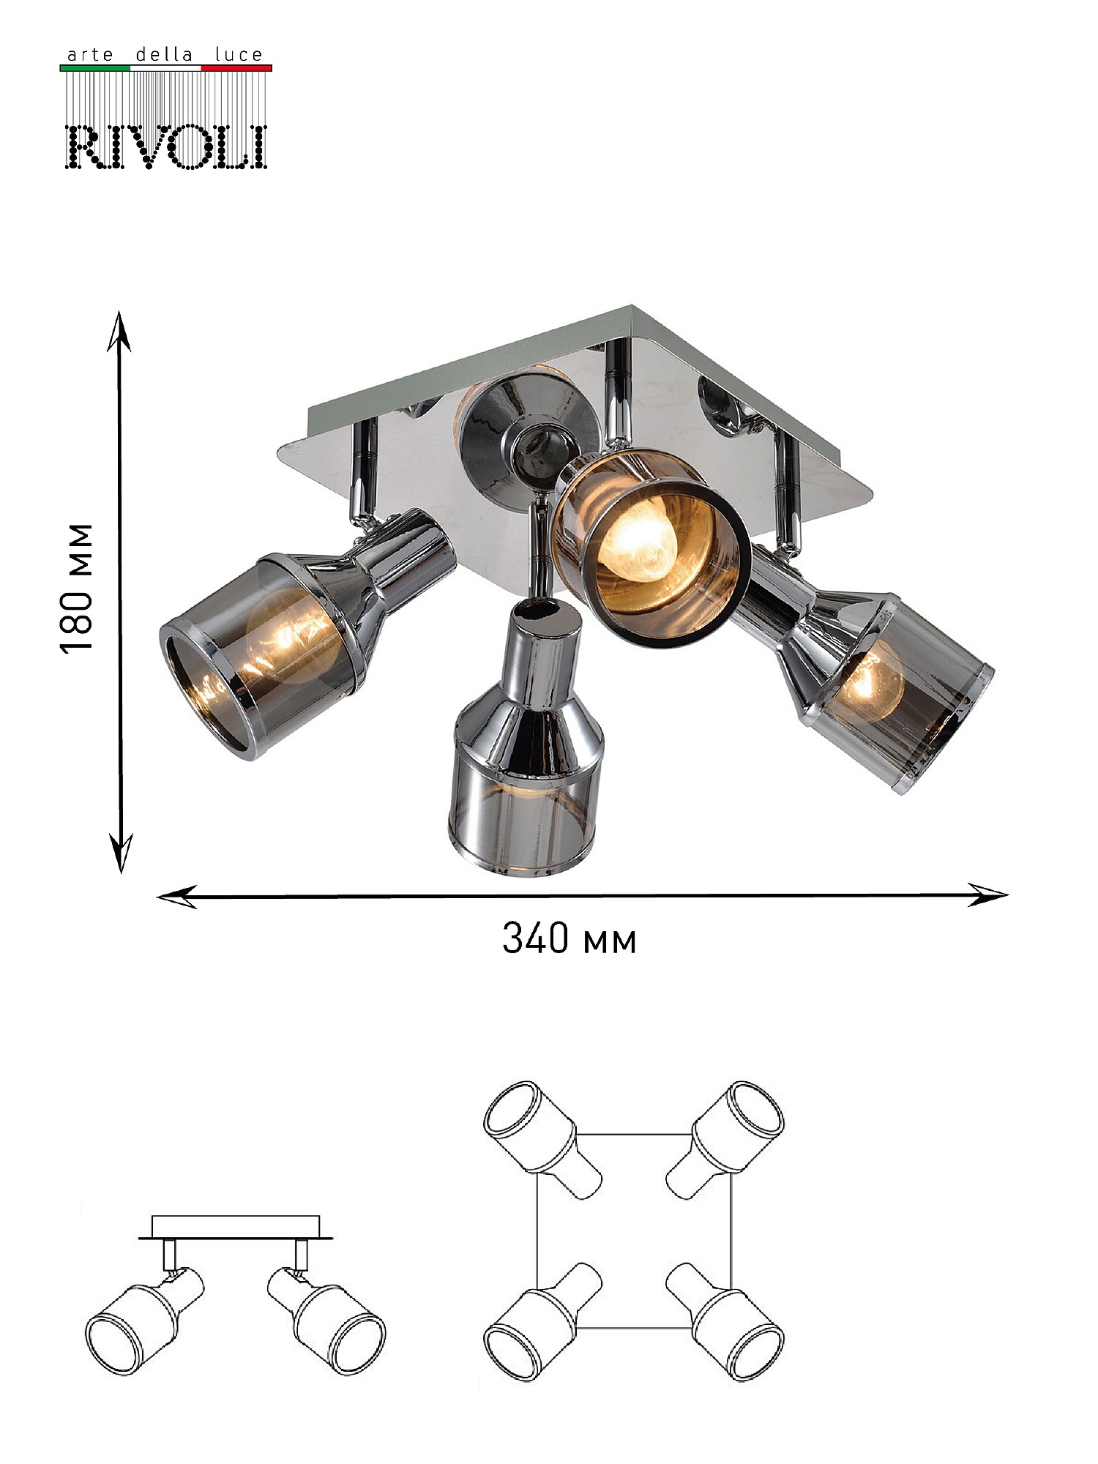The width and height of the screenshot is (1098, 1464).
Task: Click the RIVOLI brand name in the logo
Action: pos(166,146)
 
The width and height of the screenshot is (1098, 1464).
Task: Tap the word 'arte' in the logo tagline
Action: pos(90,55)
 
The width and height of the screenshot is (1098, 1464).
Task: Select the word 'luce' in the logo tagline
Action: pos(239,54)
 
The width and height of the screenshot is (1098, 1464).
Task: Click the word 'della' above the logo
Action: pos(165,54)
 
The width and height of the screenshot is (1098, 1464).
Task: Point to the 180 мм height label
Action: pos(78,588)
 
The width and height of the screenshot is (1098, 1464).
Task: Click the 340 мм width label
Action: pos(569,938)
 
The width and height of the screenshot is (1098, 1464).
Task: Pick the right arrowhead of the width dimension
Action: pos(987,895)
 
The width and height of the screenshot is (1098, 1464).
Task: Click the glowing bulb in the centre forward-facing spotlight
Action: pos(635,539)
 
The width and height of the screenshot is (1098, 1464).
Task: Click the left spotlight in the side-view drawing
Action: pos(145,1318)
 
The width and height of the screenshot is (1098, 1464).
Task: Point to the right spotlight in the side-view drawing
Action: pos(326,1319)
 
